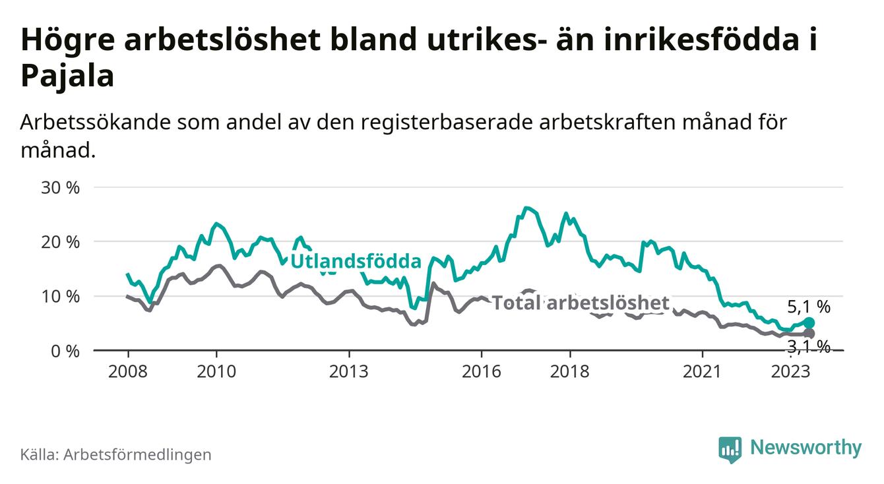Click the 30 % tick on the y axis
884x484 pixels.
click(61, 187)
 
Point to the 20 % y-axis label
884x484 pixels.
click(61, 242)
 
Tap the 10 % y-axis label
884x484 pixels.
click(61, 296)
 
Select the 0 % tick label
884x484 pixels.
click(65, 351)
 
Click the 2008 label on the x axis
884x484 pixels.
click(127, 371)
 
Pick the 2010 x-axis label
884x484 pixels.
click(216, 371)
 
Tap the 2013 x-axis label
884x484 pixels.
click(349, 371)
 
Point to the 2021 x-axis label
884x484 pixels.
click(702, 371)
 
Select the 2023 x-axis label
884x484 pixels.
click(790, 371)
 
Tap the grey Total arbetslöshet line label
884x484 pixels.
click(581, 303)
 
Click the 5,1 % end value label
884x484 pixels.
click(808, 306)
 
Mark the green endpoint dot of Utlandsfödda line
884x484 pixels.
click(809, 322)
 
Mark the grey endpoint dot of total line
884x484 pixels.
click(809, 334)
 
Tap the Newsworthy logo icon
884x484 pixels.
click(730, 448)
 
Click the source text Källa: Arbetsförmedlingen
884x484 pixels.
click(116, 454)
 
